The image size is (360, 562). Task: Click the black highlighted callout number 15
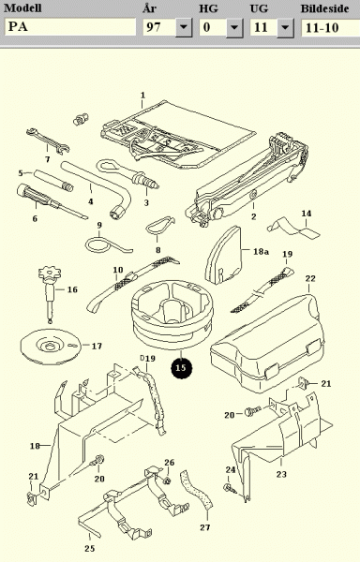click(x=182, y=368)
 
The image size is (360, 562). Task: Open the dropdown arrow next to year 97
click(x=184, y=27)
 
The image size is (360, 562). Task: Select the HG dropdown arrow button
click(x=234, y=27)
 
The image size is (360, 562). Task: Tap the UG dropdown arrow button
click(x=285, y=27)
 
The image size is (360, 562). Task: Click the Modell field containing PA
click(x=70, y=27)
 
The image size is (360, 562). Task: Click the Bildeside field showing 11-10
click(x=331, y=27)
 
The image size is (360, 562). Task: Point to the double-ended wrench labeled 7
click(x=48, y=140)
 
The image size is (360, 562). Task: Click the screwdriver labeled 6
click(x=51, y=201)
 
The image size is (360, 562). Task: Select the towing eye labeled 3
click(x=127, y=172)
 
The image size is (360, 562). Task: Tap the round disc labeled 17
click(x=51, y=347)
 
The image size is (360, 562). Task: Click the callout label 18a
click(x=261, y=251)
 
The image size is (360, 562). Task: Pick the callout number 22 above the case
click(x=310, y=278)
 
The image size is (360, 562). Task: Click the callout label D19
click(x=147, y=358)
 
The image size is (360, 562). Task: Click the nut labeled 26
click(x=166, y=481)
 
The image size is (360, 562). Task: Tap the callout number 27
click(x=205, y=527)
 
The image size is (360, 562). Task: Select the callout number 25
click(x=90, y=548)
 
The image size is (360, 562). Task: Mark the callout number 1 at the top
click(x=143, y=95)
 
